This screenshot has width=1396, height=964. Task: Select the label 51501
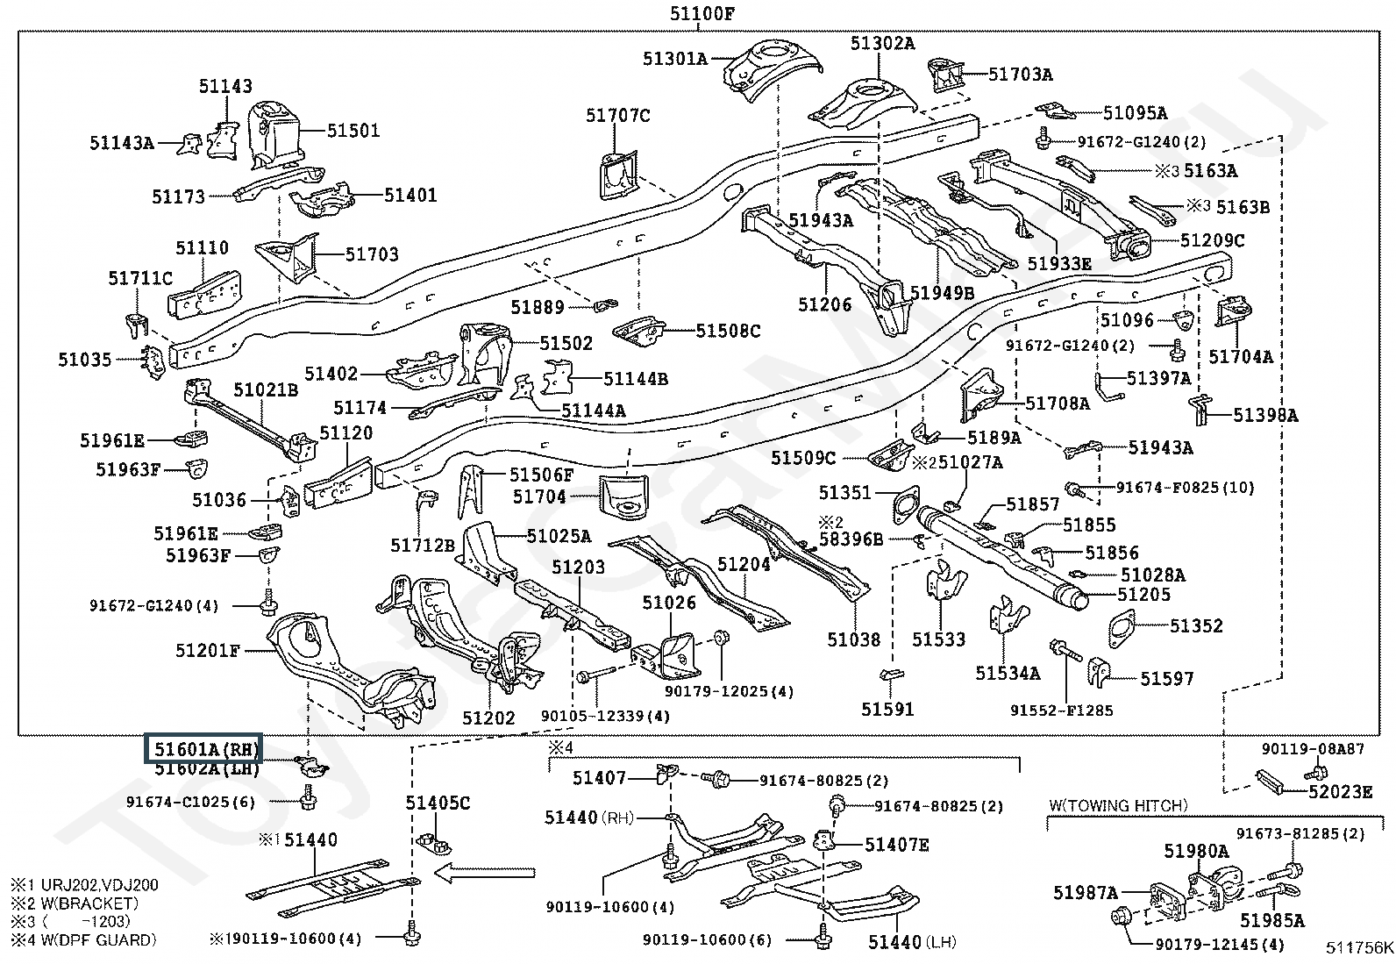tap(353, 131)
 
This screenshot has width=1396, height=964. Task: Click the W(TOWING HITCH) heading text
tap(1118, 805)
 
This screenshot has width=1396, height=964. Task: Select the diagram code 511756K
tap(1359, 947)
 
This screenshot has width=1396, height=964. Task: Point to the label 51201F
tap(208, 650)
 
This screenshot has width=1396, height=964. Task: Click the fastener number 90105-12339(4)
tap(605, 716)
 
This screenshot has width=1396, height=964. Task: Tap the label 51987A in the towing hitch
tap(1086, 893)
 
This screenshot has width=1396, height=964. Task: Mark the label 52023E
tap(1341, 791)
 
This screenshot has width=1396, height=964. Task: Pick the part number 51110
tap(202, 248)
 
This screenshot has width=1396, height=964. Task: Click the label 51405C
tap(438, 803)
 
